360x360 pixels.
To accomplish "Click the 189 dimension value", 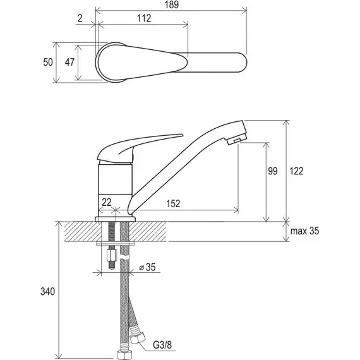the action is point(172,4).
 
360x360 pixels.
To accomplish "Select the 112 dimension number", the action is point(144,18).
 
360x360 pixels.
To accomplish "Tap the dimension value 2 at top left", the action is point(80,18).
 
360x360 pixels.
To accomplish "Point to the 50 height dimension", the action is point(48,63).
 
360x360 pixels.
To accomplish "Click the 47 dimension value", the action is point(69,63).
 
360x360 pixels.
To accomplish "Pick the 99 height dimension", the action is point(273,171).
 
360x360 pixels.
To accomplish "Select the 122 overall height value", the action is point(296,171).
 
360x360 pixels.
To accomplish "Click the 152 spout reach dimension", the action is point(173,203).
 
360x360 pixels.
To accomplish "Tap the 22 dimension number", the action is point(107,202).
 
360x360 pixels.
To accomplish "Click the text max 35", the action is point(304,231).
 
